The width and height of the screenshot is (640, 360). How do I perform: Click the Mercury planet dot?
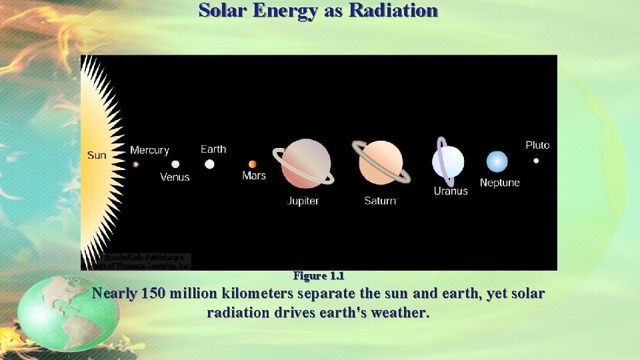point(136,164)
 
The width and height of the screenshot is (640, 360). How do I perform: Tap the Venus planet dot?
point(175,164)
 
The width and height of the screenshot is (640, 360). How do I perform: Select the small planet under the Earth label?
point(209,164)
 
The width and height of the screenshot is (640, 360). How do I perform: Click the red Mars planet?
point(253,164)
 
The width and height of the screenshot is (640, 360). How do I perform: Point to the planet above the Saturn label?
point(381,163)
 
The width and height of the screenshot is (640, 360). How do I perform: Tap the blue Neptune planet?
point(497,162)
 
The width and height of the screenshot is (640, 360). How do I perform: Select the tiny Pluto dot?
point(536,161)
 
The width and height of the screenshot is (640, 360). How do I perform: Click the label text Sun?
point(97,155)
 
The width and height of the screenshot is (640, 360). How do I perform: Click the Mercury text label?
point(149,150)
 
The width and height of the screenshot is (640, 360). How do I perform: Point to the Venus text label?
point(175,177)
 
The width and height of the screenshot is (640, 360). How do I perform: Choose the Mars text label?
point(254,176)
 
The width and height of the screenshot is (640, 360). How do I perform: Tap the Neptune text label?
point(499,183)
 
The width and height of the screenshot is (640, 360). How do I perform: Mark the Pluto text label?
point(537,145)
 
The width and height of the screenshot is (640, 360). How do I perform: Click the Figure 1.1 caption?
point(319,276)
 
